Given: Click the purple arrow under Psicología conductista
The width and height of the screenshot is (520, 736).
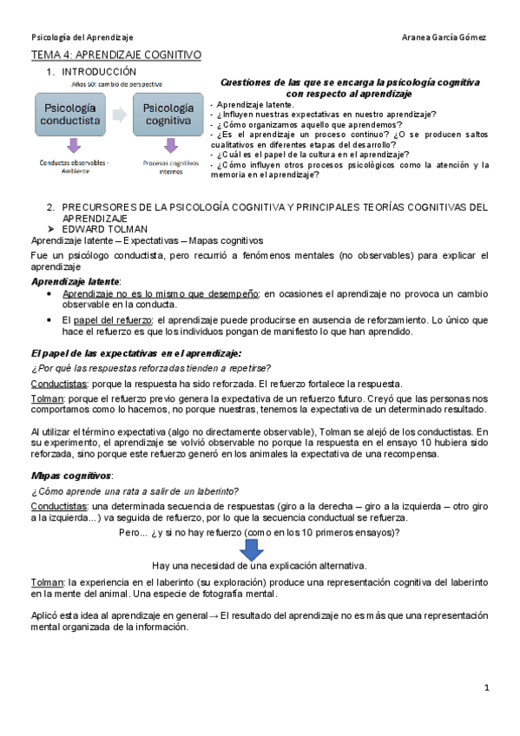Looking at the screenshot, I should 73,146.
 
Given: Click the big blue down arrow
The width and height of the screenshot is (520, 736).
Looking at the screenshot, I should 253,549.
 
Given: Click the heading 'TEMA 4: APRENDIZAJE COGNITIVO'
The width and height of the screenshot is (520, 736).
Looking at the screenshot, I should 115,56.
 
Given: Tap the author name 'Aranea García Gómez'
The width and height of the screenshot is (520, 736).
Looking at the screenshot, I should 445,38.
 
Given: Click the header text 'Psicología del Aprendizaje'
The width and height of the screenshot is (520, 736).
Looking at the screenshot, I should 82,38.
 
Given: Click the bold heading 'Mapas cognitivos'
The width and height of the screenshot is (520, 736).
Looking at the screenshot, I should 72,476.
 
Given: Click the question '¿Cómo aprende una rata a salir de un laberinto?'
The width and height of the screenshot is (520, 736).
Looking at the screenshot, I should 135,491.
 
